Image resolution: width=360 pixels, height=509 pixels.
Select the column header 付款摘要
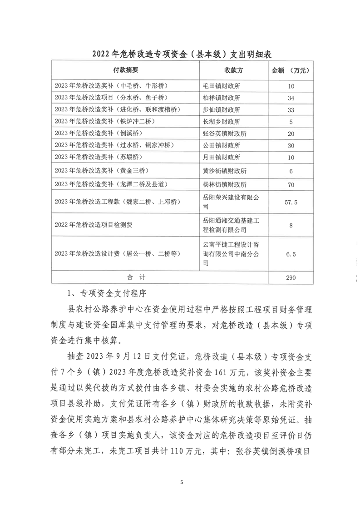click(125, 70)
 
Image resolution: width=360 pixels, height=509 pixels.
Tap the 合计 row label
click(125, 276)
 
